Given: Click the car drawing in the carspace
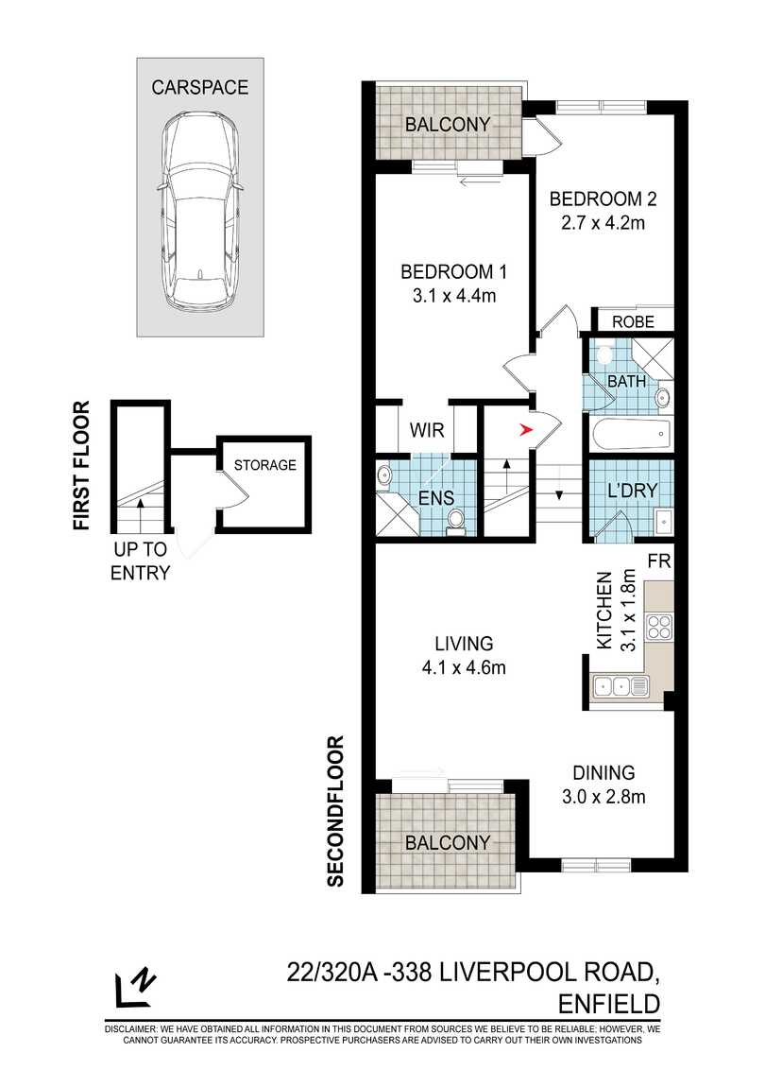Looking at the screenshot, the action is [199, 212].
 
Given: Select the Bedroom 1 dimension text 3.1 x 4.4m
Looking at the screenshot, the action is [454, 296].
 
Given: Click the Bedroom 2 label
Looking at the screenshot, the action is [603, 199].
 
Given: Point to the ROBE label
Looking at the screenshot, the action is [634, 321].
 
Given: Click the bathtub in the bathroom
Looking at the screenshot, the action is [632, 435].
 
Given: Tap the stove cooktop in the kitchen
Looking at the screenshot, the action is [658, 628].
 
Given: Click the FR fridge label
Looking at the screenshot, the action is [659, 561].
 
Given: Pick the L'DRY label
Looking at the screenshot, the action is [631, 491].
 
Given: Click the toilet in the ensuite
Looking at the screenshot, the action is [456, 522].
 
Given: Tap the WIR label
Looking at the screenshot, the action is [426, 430].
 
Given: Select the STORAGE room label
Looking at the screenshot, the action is [264, 464].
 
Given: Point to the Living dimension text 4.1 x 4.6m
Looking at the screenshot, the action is [464, 667].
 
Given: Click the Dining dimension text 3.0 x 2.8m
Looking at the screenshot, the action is [603, 797].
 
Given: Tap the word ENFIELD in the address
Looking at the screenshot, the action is [609, 1003].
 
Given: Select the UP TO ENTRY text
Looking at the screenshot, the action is [140, 561].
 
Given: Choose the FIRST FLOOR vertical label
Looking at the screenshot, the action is [82, 465].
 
